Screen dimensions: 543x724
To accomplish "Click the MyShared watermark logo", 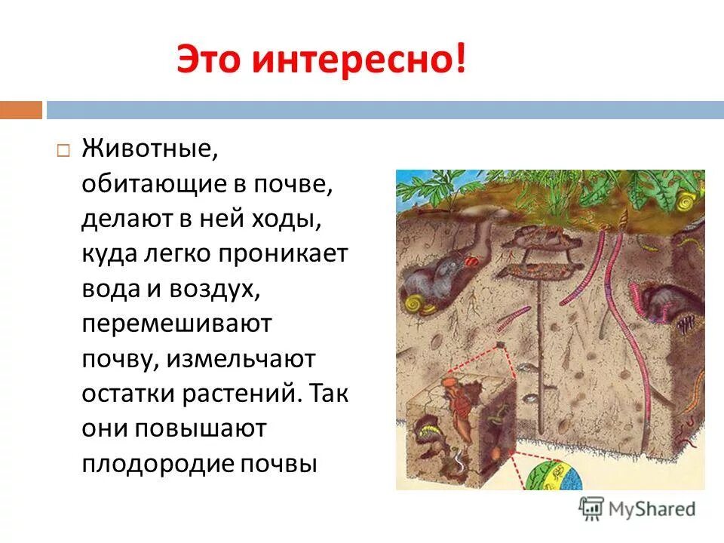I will point(638,509).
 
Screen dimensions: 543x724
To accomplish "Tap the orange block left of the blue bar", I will point(21,110).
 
